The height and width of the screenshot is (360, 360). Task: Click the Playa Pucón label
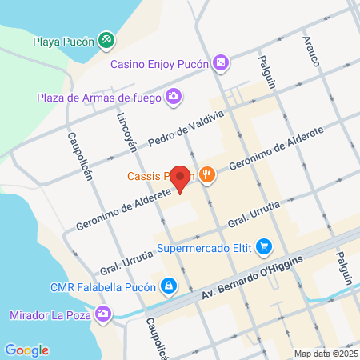(x=63, y=41)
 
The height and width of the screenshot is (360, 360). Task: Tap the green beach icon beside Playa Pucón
(x=106, y=40)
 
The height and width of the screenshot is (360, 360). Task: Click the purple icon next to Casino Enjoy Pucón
(x=221, y=63)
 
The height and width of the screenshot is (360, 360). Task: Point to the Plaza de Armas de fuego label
(x=98, y=98)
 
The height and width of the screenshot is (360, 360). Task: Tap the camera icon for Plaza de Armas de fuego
(x=172, y=98)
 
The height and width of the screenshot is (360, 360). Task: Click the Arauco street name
(x=311, y=50)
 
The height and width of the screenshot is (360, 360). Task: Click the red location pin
(x=181, y=179)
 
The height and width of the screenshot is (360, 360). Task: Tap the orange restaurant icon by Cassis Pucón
(x=207, y=176)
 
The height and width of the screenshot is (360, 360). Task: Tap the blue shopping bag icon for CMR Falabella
(x=168, y=285)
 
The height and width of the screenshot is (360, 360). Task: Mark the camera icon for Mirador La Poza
(x=102, y=315)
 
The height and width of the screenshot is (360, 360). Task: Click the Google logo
(x=26, y=350)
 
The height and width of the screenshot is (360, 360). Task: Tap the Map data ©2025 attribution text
(x=325, y=354)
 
